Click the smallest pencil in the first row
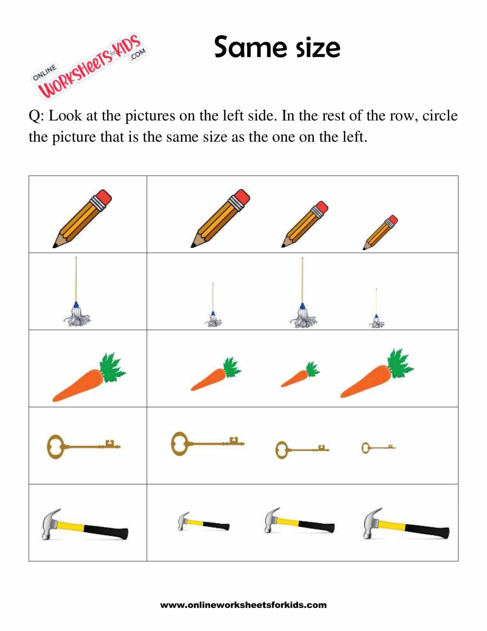point(380,232)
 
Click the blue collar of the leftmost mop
point(76,305)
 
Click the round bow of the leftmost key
point(55,447)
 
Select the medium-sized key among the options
point(302,449)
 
